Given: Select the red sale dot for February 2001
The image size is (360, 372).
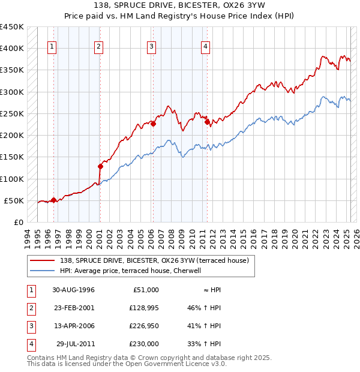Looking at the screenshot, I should pos(100,166).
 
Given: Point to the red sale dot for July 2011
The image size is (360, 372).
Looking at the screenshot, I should pos(207,122).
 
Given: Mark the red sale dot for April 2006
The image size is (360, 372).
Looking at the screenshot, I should pos(153,124).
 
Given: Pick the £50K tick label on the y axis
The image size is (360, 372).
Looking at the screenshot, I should pos(14,200).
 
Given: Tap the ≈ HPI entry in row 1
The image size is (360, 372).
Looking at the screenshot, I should pos(212,290).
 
